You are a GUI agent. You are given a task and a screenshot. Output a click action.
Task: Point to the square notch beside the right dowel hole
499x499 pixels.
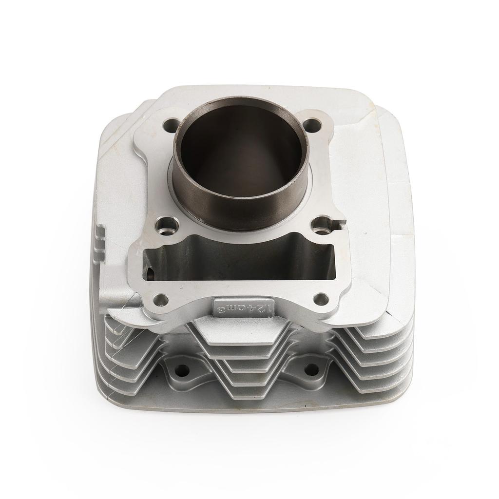tap(337, 225)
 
